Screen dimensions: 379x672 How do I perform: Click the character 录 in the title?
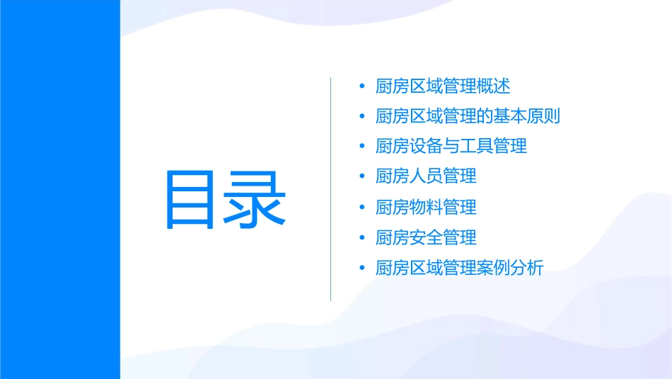[255, 199]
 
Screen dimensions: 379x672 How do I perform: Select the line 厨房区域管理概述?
[443, 86]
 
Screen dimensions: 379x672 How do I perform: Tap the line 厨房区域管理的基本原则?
[468, 116]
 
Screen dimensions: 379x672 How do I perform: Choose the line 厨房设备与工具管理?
[451, 147]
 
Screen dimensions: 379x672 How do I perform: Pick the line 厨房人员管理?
[426, 176]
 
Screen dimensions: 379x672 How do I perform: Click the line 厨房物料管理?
[426, 207]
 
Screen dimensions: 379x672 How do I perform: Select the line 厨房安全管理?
[426, 237]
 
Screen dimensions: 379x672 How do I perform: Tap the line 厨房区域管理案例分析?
[460, 268]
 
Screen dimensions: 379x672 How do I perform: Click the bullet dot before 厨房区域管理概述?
[362, 86]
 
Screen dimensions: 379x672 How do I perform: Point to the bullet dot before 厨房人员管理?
[362, 176]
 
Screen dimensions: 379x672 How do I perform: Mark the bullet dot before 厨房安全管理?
[362, 237]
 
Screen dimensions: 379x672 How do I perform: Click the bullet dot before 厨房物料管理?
[362, 207]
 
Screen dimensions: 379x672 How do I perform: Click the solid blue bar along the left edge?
[59, 189]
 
